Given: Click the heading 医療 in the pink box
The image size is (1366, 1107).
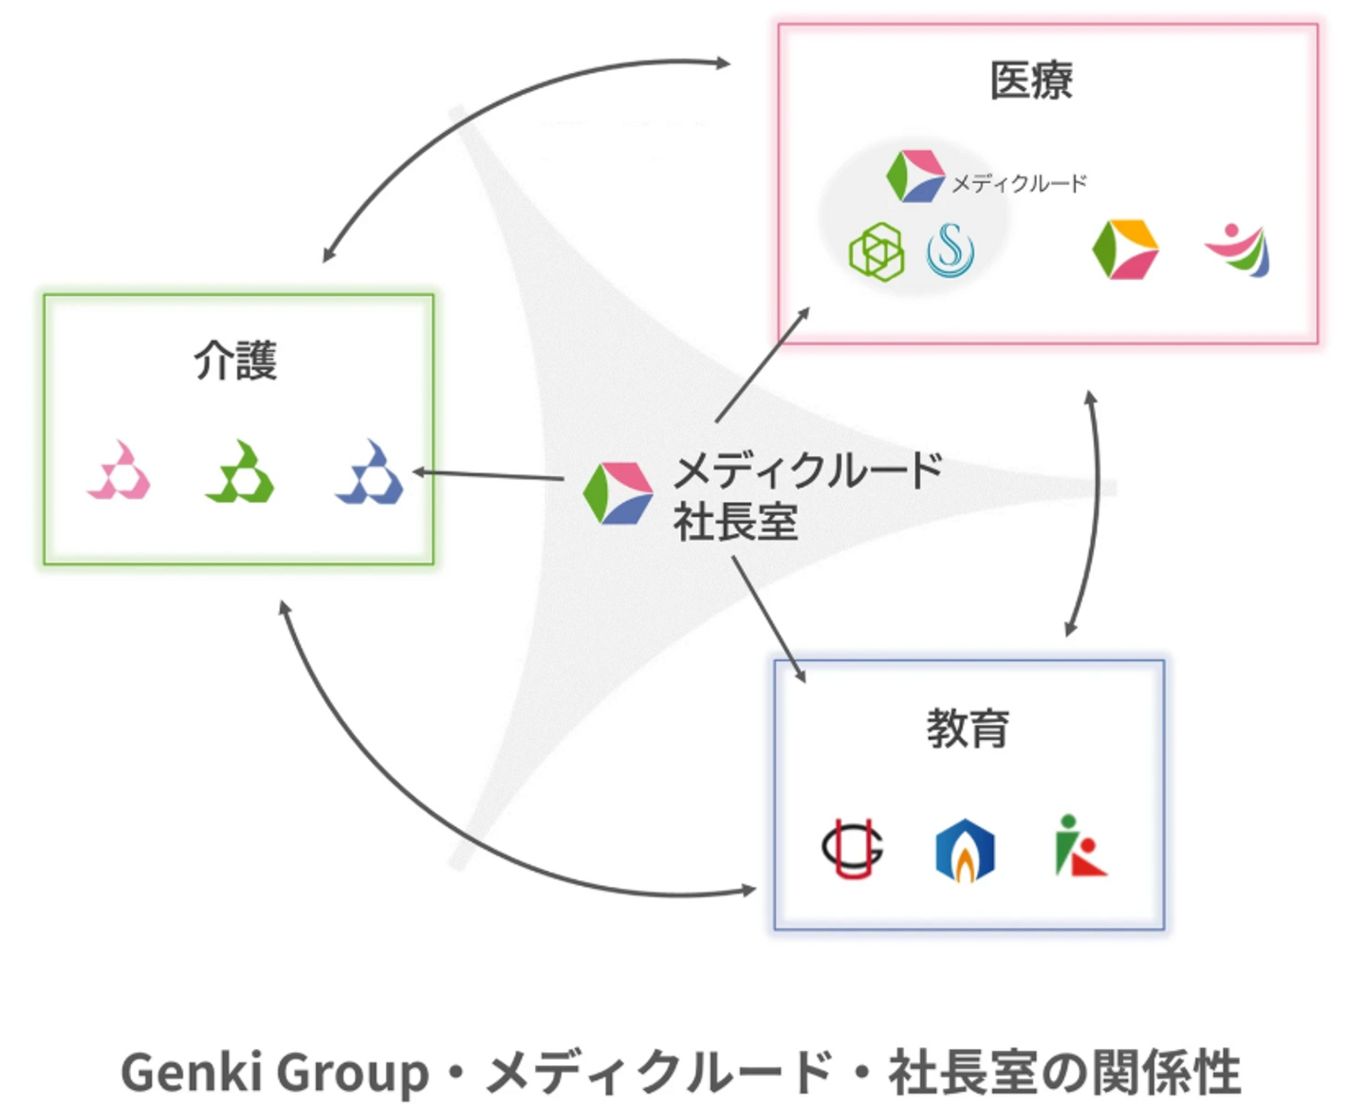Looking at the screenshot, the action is click(1031, 81).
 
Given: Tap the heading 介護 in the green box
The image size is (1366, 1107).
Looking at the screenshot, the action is click(236, 360).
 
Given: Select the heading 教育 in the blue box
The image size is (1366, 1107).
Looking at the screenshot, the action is click(967, 729).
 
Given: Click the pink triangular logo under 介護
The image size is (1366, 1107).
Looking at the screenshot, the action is click(120, 470).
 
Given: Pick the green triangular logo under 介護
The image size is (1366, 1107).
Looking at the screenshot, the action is click(240, 471).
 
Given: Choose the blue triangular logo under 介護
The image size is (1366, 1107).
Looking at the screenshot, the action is click(369, 471).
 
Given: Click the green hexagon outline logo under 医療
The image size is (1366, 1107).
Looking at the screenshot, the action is click(877, 252).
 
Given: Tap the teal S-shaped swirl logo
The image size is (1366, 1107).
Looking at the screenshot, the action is click(951, 250).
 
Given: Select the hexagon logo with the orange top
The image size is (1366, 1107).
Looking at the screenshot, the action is click(1125, 249).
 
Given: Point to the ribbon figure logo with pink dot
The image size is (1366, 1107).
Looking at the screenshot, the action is click(1238, 250).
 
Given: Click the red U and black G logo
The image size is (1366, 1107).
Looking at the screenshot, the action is click(853, 848).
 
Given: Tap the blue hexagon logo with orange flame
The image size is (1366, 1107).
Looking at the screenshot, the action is click(965, 851).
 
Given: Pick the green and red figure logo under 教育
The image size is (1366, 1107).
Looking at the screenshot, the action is click(1080, 845).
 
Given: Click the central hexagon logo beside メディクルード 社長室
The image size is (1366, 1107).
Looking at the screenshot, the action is click(618, 493).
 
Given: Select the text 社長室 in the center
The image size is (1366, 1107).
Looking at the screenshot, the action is click(735, 522).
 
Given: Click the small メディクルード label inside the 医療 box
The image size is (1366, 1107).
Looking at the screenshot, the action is click(1019, 184).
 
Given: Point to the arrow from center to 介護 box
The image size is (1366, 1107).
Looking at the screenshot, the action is click(488, 475).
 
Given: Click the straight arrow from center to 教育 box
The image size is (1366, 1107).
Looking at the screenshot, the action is click(769, 619).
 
